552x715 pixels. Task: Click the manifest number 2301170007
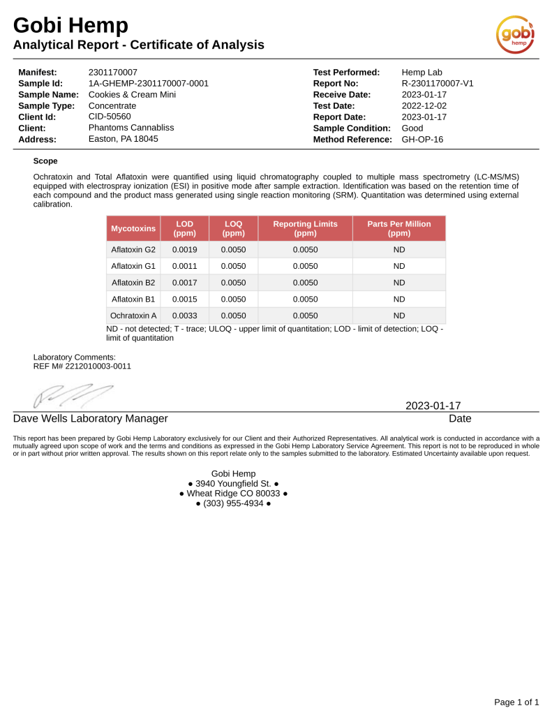point(113,73)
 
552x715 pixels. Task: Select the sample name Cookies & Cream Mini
point(132,95)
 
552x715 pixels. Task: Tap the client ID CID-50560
point(110,117)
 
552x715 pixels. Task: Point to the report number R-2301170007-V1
point(438,84)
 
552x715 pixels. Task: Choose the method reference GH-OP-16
point(422,140)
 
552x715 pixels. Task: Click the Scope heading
point(45,161)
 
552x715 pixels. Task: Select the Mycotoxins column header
point(133,228)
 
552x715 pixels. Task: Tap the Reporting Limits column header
point(305,228)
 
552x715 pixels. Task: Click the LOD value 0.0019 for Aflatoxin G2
point(185,249)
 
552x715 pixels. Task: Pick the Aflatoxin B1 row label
point(133,299)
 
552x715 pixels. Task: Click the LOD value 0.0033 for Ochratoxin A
point(185,316)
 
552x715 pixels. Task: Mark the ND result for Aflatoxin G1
point(399,266)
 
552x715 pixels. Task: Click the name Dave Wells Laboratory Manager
point(91,419)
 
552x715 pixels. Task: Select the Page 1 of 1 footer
point(516,702)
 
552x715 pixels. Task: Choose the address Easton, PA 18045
point(124,140)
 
